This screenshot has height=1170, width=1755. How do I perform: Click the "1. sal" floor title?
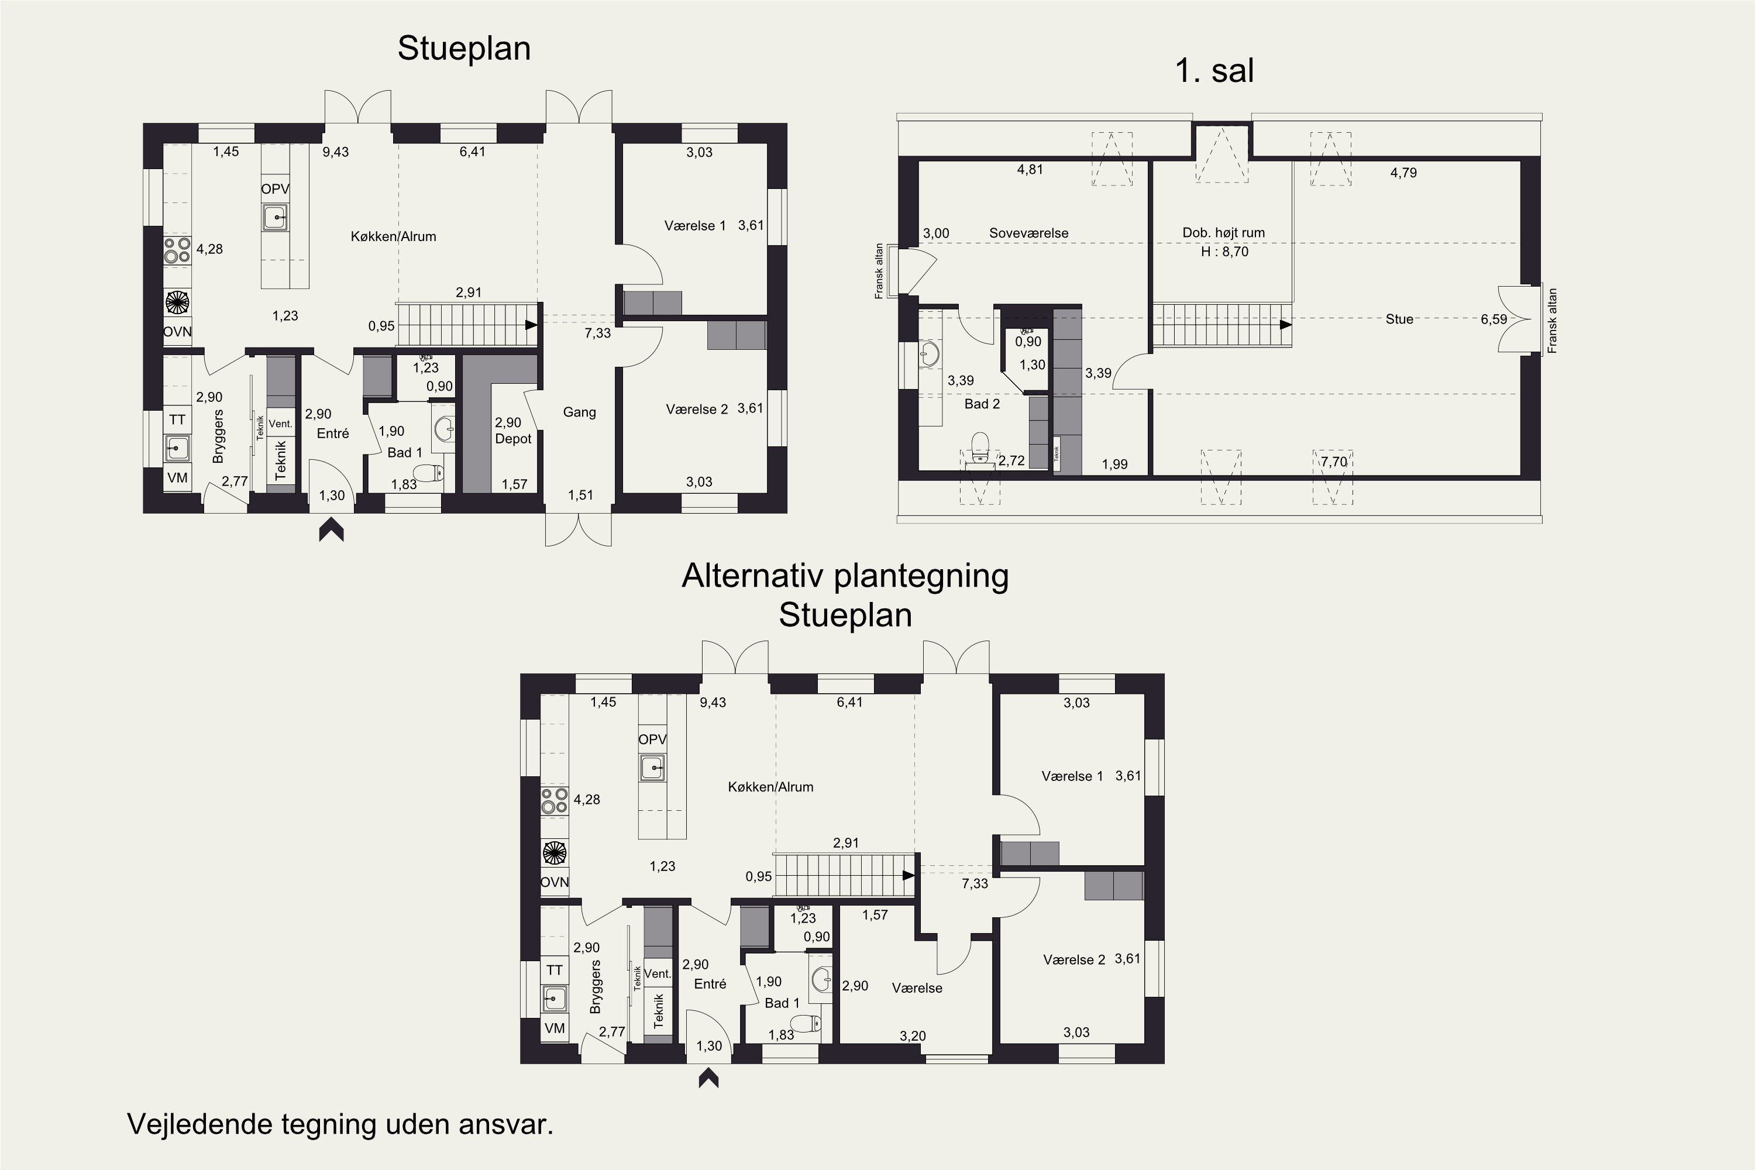click(1214, 71)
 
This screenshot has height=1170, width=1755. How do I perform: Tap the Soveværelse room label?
click(1028, 233)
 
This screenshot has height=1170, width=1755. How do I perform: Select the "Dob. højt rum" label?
click(1224, 233)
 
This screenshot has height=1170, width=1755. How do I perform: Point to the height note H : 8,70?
click(1224, 252)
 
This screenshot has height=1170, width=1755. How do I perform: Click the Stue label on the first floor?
click(1399, 319)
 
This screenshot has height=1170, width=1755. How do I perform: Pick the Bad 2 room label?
click(982, 404)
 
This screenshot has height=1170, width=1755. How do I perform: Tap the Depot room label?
click(514, 439)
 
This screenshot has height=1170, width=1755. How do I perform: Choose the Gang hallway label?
click(579, 412)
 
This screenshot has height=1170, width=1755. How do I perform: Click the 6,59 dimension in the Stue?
click(1494, 319)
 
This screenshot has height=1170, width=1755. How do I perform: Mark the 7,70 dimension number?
click(1334, 462)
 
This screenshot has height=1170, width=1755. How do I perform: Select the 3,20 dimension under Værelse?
click(913, 1035)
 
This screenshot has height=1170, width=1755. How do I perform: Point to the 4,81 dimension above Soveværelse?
click(1030, 170)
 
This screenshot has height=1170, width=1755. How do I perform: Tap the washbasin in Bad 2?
click(930, 355)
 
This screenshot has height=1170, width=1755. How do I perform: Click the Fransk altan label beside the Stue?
click(1553, 321)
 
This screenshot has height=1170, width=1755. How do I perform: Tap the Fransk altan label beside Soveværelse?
click(879, 271)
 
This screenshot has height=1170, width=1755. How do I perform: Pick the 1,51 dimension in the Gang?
click(580, 495)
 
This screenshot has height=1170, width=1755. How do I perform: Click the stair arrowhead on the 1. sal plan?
click(1286, 325)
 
